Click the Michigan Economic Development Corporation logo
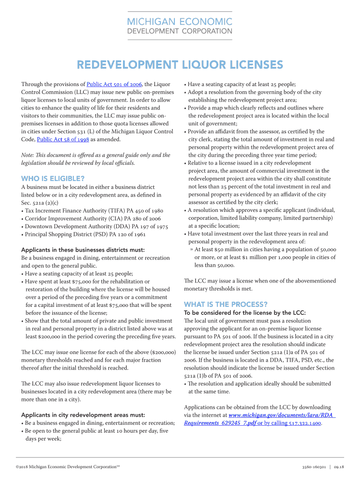pos(180,26)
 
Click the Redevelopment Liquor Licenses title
pos(180,65)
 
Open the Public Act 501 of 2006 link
pos(114,84)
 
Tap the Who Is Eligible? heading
pos(53,178)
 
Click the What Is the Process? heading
pos(226,304)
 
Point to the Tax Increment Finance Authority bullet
pos(92,210)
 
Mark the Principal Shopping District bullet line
pos(85,234)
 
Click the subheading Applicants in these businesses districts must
pos(83,250)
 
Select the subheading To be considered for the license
pos(245,312)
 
